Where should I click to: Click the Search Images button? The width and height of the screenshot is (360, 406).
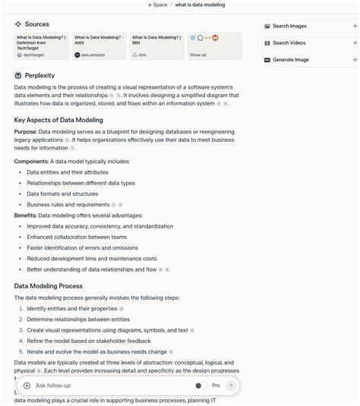click(x=289, y=26)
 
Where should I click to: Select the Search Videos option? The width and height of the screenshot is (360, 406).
click(x=289, y=42)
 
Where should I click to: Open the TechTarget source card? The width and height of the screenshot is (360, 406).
click(x=41, y=46)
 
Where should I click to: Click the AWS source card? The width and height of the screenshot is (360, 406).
click(x=99, y=46)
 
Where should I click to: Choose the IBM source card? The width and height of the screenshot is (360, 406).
click(x=156, y=46)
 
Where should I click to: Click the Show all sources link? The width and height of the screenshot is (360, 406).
click(x=198, y=55)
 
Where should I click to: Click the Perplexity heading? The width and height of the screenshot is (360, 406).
click(x=39, y=76)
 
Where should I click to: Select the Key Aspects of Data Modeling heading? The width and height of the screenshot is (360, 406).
click(x=58, y=120)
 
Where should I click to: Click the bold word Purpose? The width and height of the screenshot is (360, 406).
click(x=25, y=131)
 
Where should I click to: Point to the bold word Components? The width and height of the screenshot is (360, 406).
click(x=31, y=161)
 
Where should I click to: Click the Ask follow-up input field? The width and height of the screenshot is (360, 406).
click(x=106, y=386)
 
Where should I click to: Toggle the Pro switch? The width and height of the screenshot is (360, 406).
click(x=201, y=386)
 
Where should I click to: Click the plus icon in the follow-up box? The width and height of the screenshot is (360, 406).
click(x=27, y=386)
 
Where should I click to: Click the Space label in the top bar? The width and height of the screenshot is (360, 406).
click(x=159, y=5)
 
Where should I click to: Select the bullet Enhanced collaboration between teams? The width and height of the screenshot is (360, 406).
click(x=77, y=237)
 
